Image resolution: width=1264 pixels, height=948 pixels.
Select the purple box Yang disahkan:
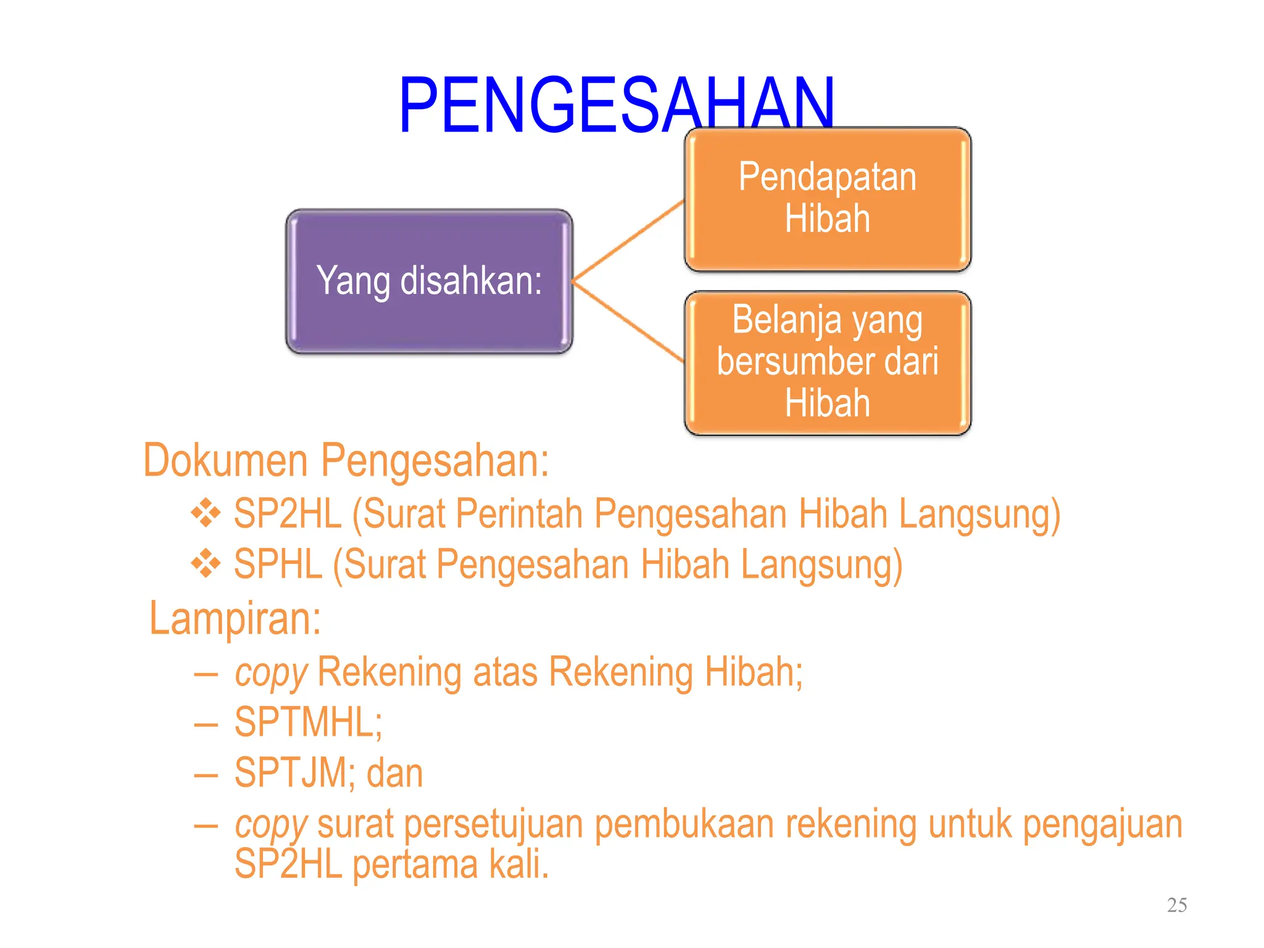click(x=429, y=281)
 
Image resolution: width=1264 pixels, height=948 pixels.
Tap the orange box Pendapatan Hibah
click(x=827, y=199)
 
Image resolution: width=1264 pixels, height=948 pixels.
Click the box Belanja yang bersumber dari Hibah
click(x=827, y=363)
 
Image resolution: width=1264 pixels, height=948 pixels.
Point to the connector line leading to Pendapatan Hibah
click(x=628, y=241)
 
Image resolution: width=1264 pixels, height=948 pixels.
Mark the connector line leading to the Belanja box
click(x=628, y=321)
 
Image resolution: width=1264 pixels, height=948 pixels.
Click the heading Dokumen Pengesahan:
click(x=346, y=460)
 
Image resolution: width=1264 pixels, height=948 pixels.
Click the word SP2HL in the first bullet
click(x=288, y=513)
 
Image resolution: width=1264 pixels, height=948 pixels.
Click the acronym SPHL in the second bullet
click(x=278, y=564)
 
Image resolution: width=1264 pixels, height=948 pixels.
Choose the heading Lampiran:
click(x=235, y=618)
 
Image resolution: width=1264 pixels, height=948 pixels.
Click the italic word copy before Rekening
click(x=270, y=673)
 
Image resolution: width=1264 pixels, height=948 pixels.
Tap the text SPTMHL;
click(x=308, y=722)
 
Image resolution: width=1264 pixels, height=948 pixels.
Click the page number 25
click(x=1176, y=905)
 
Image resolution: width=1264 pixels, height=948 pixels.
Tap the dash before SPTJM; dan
click(x=206, y=775)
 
